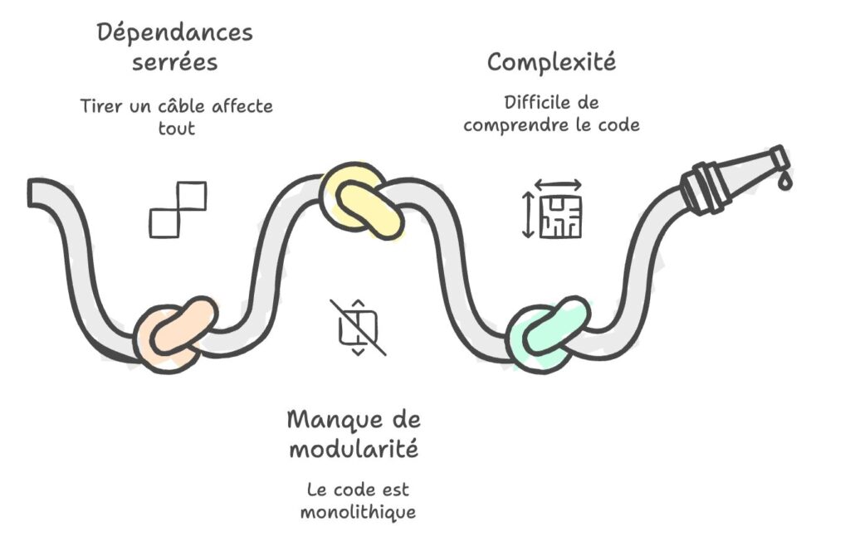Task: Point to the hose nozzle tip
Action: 779,155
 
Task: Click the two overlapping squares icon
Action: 178,210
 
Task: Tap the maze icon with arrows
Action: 552,209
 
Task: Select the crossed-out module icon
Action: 358,327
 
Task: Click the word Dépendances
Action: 174,32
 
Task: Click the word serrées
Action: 174,62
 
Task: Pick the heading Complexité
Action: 551,61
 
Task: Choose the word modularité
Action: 354,448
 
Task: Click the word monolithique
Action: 358,513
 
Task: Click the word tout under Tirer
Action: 177,129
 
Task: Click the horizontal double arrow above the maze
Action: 559,185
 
